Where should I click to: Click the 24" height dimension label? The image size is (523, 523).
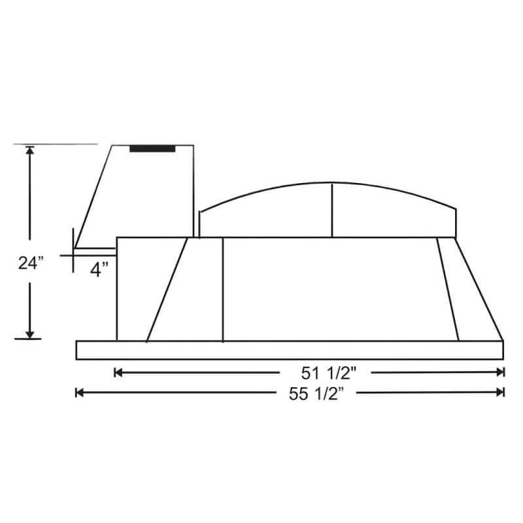tap(30, 263)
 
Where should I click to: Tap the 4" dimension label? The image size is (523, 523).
tap(99, 269)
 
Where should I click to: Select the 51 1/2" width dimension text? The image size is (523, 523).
tap(329, 373)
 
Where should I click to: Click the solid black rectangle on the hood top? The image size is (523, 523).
tap(152, 149)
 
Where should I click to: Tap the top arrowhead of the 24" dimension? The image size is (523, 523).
tap(29, 150)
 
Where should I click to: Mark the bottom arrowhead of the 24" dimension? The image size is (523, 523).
tap(29, 334)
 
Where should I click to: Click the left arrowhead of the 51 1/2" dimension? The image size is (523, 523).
tap(118, 373)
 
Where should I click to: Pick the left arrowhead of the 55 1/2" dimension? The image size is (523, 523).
tap(80, 392)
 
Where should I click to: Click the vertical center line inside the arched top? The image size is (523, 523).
tap(332, 210)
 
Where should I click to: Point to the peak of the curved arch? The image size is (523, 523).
tap(332, 182)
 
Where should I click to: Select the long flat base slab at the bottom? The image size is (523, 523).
tap(290, 350)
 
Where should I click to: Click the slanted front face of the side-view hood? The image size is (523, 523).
tap(94, 196)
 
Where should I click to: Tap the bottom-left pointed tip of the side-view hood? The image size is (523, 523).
tap(75, 248)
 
